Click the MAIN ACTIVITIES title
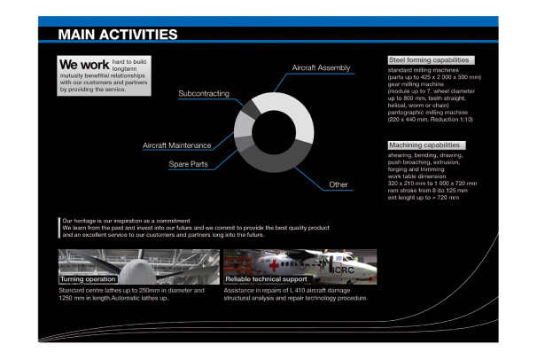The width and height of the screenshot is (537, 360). click(117, 35)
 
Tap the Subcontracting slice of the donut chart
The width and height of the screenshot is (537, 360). click(252, 110)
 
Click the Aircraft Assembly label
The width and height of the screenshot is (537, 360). click(321, 68)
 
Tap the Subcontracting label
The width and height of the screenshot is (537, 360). click(204, 93)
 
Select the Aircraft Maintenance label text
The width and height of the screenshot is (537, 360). click(176, 145)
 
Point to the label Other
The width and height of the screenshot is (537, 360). click(338, 184)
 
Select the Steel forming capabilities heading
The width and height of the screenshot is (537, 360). click(430, 60)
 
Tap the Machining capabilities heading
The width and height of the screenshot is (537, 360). click(426, 145)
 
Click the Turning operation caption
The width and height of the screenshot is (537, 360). click(89, 278)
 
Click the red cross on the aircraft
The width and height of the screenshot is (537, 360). click(275, 263)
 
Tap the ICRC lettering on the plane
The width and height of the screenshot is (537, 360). click(340, 266)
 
